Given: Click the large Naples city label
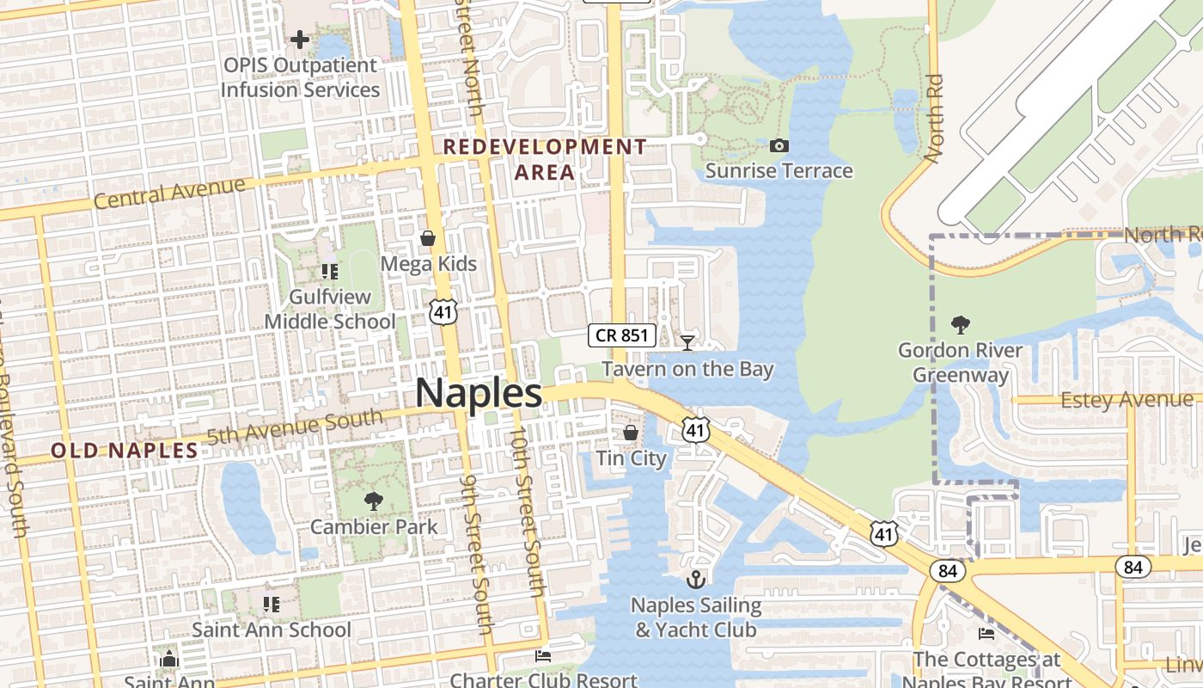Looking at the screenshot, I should tap(479, 394).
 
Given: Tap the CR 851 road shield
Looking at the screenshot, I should tap(622, 335).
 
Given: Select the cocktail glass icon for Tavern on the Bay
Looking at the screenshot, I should tap(687, 343).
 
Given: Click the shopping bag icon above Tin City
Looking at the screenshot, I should tap(631, 432).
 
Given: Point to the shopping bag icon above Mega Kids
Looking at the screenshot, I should tap(427, 238).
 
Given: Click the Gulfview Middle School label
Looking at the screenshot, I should tap(330, 310).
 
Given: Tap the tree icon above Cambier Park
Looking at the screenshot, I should tap(373, 501).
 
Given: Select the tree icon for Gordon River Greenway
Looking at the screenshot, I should tap(960, 324).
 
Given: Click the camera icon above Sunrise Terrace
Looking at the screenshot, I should tap(779, 145).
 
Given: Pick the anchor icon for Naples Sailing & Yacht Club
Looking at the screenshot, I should tap(696, 579).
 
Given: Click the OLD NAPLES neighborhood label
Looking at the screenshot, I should tap(125, 450).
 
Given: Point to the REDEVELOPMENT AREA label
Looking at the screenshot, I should tap(544, 159).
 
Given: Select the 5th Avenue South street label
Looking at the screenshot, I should tap(294, 427).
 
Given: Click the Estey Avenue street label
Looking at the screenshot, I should tap(1127, 400).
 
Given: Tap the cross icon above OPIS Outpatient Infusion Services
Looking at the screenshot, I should tap(299, 39).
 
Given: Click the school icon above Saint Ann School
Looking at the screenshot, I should tap(272, 604).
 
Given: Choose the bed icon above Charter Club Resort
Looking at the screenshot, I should tap(543, 656).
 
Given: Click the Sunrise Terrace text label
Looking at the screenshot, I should tap(779, 171).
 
